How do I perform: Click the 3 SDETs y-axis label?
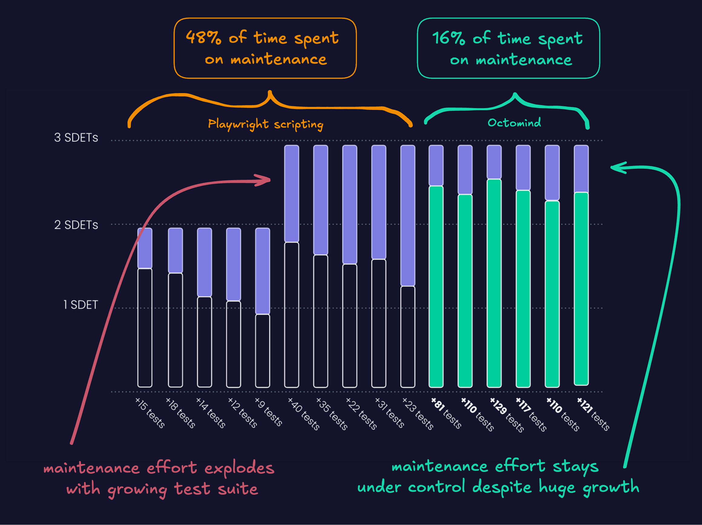pyautogui.click(x=76, y=138)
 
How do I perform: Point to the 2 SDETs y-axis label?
pyautogui.click(x=76, y=225)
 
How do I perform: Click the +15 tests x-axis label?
pyautogui.click(x=150, y=413)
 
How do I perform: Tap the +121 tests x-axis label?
pyautogui.click(x=593, y=414)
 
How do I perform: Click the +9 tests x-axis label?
pyautogui.click(x=268, y=412)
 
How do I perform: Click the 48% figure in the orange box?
pyautogui.click(x=203, y=38)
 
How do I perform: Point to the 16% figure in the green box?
pyautogui.click(x=448, y=38)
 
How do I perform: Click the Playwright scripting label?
pyautogui.click(x=266, y=124)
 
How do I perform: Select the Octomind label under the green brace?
pyautogui.click(x=514, y=123)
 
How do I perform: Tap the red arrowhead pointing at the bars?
pyautogui.click(x=265, y=180)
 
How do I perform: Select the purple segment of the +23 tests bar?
pyautogui.click(x=408, y=216)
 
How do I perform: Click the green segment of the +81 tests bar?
pyautogui.click(x=436, y=286)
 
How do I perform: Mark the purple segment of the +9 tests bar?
pyautogui.click(x=262, y=271)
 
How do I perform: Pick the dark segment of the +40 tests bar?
pyautogui.click(x=292, y=314)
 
